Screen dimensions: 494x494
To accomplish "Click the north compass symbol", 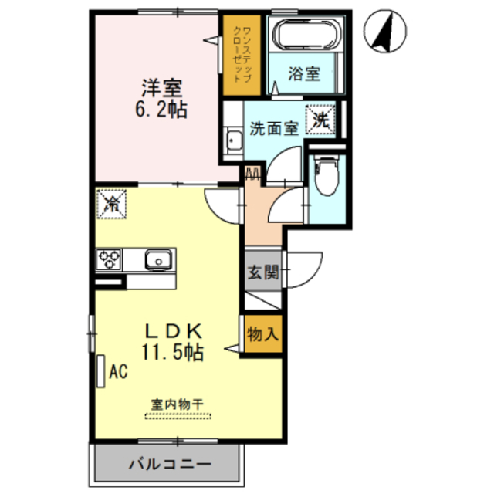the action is (x=384, y=31).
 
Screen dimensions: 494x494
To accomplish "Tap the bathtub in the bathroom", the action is (x=306, y=34).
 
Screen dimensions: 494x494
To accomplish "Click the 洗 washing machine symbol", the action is (x=320, y=120).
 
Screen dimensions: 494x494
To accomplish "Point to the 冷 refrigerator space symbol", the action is (x=111, y=204).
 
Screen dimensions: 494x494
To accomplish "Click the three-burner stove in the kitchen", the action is (x=109, y=259).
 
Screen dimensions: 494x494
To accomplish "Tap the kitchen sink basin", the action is (x=159, y=260).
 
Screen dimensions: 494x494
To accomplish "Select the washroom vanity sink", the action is (x=234, y=140).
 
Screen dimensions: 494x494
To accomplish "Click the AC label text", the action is (x=118, y=371).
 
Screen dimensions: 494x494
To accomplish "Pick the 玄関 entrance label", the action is (x=263, y=272).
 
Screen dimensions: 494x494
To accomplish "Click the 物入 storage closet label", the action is (x=263, y=333).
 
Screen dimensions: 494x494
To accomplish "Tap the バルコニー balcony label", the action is (x=170, y=464).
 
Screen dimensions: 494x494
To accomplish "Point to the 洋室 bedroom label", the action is (x=162, y=89).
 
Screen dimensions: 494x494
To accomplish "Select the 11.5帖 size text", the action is (x=173, y=352).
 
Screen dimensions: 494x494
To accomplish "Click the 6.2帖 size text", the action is (x=161, y=109).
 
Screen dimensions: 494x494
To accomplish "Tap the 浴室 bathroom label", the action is (x=304, y=74).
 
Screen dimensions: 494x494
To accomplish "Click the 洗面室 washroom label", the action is (x=274, y=128).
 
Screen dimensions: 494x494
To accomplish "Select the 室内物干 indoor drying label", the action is (x=178, y=404).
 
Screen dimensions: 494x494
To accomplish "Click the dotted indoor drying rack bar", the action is (x=178, y=416).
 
